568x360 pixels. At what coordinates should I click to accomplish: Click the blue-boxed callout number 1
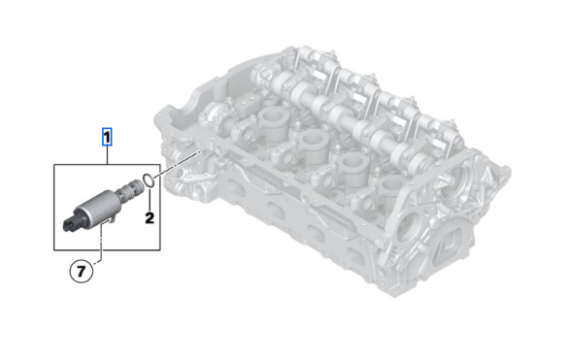(107, 137)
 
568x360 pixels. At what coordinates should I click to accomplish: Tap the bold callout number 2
(150, 218)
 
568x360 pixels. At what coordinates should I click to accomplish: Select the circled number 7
(82, 271)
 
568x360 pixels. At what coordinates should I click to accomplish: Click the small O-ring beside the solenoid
(150, 180)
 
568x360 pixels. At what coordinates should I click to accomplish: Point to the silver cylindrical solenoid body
(97, 209)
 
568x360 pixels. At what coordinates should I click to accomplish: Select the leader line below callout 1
(107, 155)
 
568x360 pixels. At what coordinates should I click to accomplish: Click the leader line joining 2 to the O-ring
(150, 200)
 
